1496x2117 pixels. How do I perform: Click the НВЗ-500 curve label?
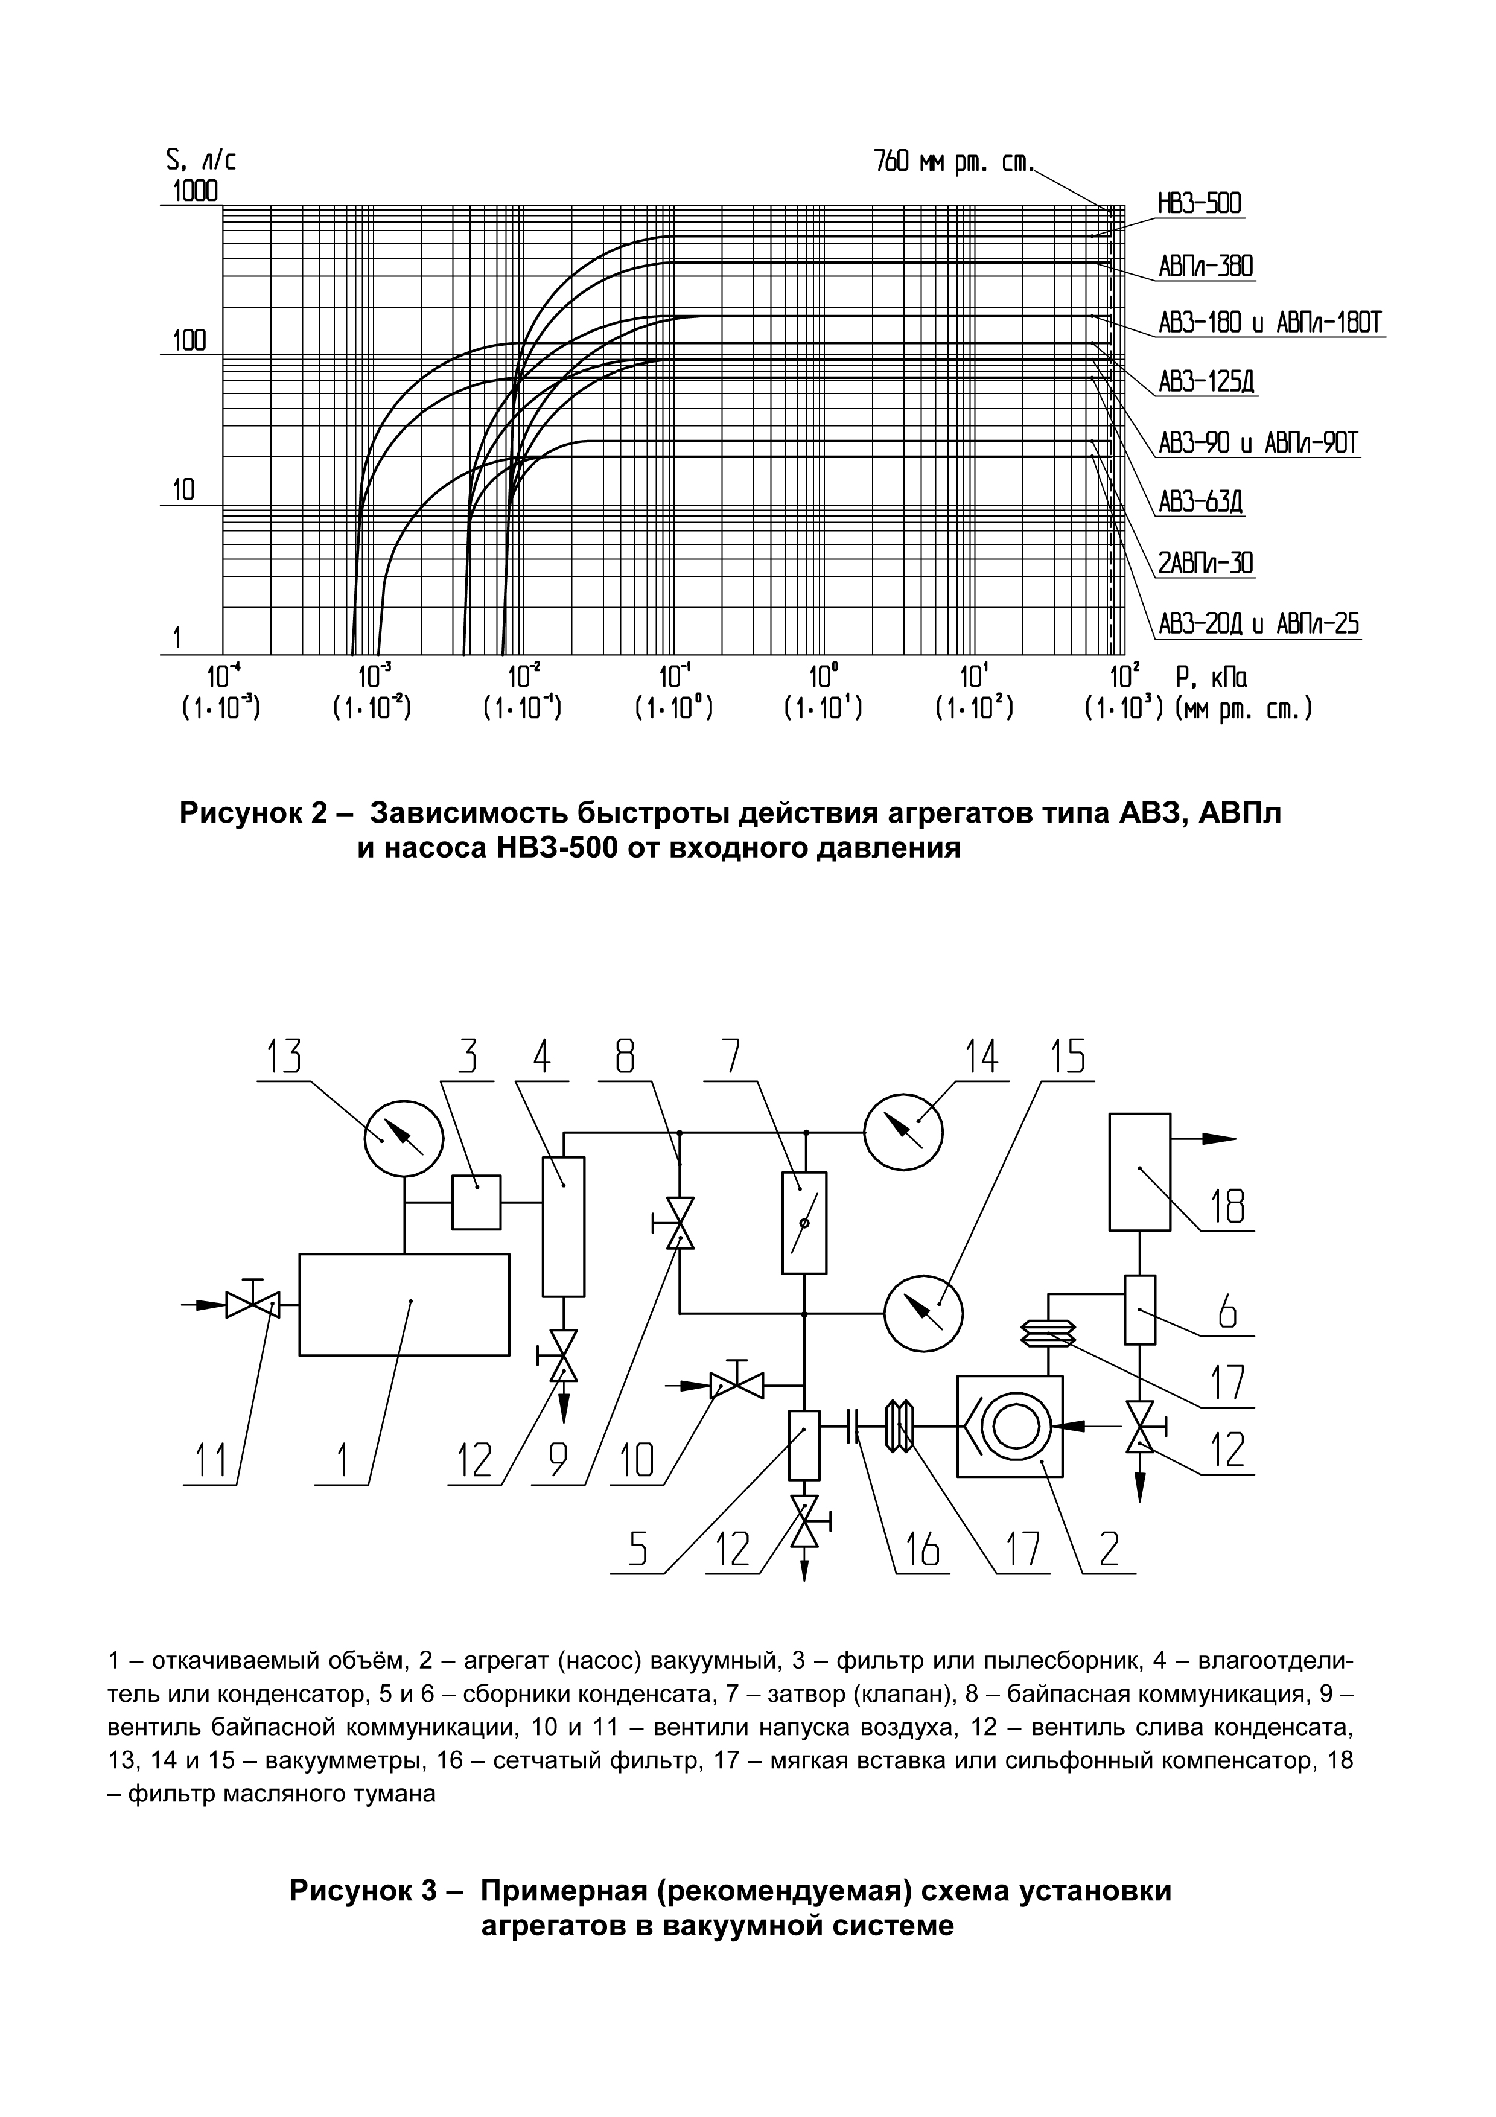point(1199,205)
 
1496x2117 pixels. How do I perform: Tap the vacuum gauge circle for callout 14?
point(902,1133)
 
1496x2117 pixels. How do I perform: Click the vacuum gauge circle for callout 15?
point(923,1314)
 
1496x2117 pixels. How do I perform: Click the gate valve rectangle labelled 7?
point(804,1223)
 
